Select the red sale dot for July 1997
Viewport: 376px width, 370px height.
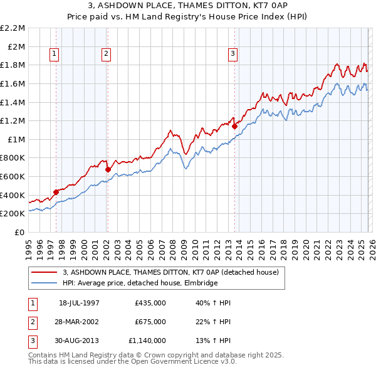pyautogui.click(x=56, y=192)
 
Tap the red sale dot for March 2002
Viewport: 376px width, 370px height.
pyautogui.click(x=107, y=169)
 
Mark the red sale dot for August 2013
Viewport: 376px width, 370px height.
pyautogui.click(x=234, y=126)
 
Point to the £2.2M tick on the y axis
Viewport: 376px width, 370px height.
pyautogui.click(x=13, y=28)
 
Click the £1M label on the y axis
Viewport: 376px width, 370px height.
pyautogui.click(x=16, y=139)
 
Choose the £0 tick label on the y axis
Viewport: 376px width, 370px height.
pyautogui.click(x=20, y=232)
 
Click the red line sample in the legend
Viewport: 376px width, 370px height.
pyautogui.click(x=44, y=272)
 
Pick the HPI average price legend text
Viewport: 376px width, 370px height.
pyautogui.click(x=140, y=283)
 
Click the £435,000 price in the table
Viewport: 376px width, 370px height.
pyautogui.click(x=150, y=303)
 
